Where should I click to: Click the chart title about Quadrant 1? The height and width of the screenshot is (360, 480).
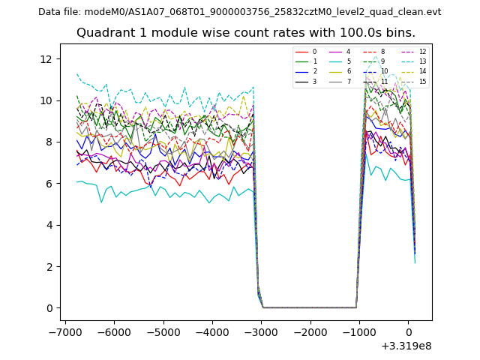pos(246,33)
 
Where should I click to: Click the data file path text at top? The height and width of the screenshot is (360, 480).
pos(239,12)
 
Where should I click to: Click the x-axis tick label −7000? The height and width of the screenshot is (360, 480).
pos(65,331)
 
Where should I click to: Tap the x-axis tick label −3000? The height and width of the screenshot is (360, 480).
pos(262,331)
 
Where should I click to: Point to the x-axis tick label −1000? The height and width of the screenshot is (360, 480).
pos(359,331)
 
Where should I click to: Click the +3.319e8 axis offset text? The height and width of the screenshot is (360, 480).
pos(406,346)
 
